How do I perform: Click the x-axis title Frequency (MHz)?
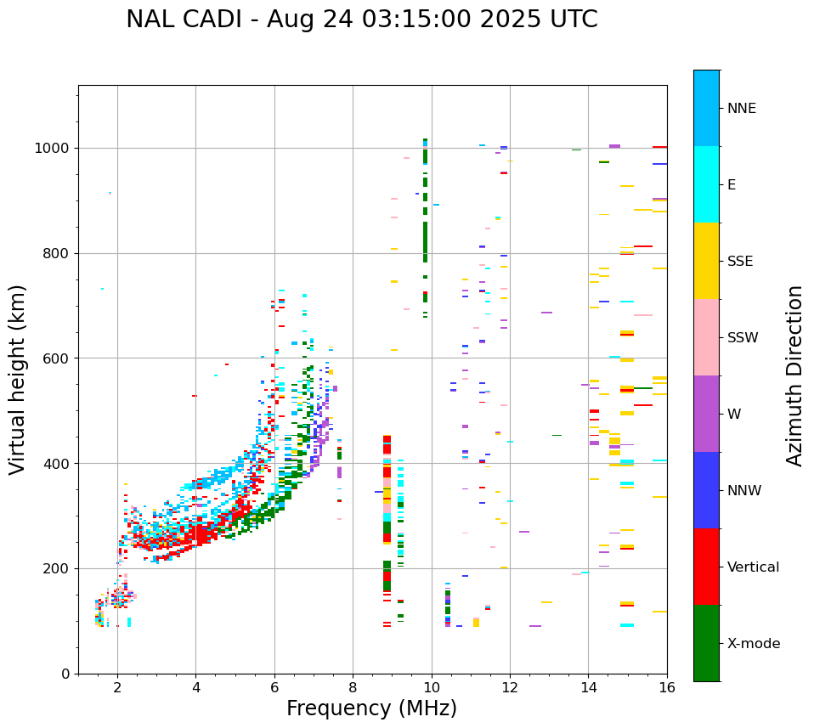[x=371, y=708]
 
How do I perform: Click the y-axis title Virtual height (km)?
[x=18, y=380]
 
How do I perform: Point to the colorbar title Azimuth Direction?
[x=794, y=375]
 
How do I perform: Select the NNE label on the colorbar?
[x=741, y=109]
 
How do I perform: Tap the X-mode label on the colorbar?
[x=753, y=644]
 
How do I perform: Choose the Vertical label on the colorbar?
[x=753, y=567]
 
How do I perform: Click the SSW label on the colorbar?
[x=743, y=338]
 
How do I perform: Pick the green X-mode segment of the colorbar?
[x=706, y=643]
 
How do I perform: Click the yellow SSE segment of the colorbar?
[x=706, y=261]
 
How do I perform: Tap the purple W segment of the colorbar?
[x=706, y=414]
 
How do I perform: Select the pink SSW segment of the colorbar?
[x=706, y=337]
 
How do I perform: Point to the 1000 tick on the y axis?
[x=55, y=148]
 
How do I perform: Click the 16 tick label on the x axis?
[x=667, y=687]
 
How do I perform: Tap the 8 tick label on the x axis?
[x=353, y=687]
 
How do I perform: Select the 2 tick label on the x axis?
[x=117, y=687]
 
